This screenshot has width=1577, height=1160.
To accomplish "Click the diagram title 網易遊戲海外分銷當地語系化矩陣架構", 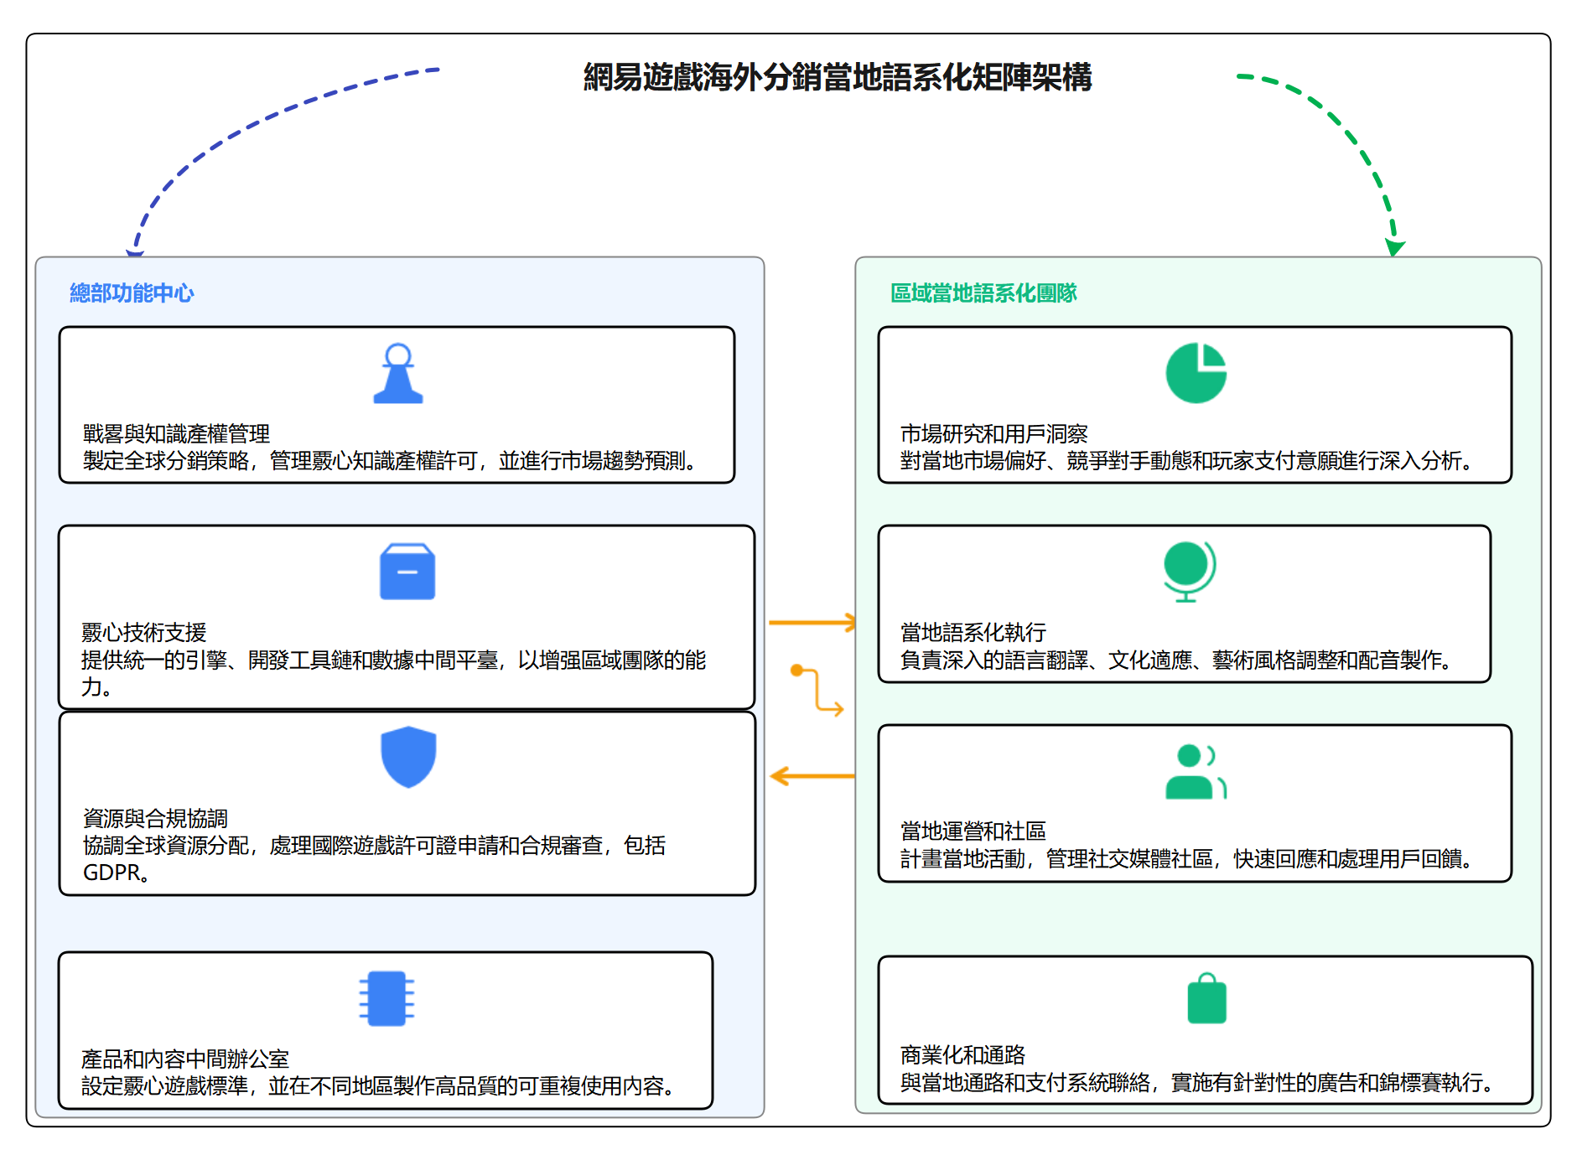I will point(838,78).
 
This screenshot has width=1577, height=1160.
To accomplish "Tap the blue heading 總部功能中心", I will point(132,293).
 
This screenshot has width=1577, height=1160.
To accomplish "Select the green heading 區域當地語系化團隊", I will point(983,293).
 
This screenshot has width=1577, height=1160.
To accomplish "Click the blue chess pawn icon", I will point(398,375).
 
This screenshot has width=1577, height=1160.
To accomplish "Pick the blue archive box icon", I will point(407,572).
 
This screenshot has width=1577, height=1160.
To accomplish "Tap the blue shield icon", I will point(408,757).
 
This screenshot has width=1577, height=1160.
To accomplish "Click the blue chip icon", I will point(386,998).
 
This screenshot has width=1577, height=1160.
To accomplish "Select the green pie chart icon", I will point(1196,374).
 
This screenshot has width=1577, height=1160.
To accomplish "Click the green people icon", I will point(1196,772).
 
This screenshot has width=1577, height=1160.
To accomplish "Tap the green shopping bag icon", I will point(1206,999).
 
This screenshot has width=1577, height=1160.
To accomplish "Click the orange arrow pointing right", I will point(812,623).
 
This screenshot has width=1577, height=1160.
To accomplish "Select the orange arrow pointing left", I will point(812,776).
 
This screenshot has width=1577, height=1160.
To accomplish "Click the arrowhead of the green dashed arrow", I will point(1394,247).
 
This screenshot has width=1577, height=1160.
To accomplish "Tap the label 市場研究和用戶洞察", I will point(993,434).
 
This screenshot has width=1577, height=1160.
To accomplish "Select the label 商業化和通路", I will point(962,1055).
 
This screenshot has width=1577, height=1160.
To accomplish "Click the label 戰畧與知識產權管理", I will point(176,434).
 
